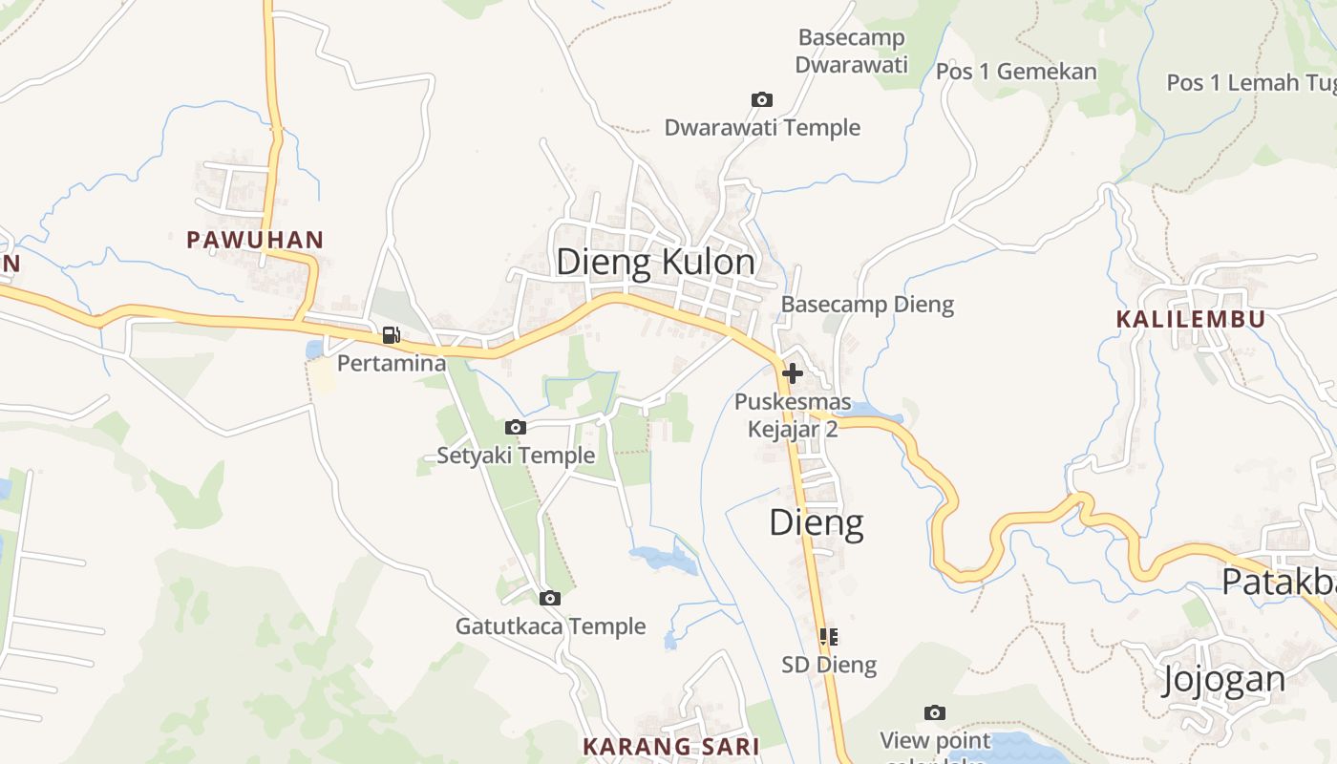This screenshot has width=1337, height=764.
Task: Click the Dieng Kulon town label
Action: tap(655, 262)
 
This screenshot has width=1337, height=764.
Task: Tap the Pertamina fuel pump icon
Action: tap(391, 335)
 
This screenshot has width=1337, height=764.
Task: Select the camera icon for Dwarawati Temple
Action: tap(761, 99)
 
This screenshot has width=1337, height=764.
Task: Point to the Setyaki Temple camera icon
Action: tap(515, 427)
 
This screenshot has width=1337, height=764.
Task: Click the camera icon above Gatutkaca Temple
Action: tap(549, 599)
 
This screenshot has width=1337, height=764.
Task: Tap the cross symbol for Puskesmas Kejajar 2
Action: tap(793, 373)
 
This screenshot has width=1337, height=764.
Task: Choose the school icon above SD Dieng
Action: tap(828, 636)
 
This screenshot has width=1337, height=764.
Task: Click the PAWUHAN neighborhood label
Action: tap(255, 240)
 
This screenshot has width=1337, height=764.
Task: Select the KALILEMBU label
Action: tap(1190, 319)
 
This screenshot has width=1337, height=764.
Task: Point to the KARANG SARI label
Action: tap(670, 746)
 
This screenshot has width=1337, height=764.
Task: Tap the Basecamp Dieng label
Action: tap(867, 305)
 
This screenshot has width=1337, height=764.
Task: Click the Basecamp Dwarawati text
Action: tap(851, 52)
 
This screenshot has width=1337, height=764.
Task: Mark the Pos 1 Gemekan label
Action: tap(1016, 72)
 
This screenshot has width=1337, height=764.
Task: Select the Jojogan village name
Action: tap(1223, 679)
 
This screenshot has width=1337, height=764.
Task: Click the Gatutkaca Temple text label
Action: tap(550, 626)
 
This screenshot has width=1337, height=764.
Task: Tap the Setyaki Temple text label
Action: tap(516, 456)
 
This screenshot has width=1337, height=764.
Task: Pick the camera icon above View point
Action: tap(934, 712)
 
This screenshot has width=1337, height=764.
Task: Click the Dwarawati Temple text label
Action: tap(762, 128)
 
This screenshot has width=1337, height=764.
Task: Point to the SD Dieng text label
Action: tap(829, 665)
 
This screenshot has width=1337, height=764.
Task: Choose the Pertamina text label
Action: tap(392, 364)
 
